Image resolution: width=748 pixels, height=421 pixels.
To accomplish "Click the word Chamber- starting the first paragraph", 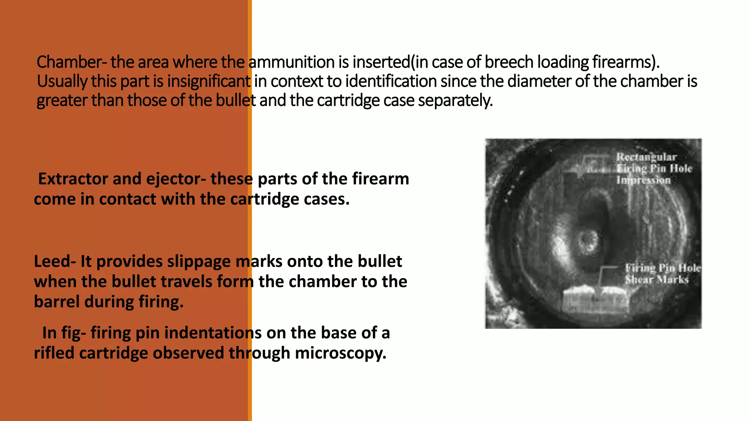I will coord(72,62).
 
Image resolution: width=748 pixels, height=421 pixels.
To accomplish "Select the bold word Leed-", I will coord(55,261).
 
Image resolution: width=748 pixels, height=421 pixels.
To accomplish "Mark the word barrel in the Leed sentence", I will coord(57,302).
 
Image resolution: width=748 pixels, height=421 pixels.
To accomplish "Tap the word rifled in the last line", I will coord(54,353).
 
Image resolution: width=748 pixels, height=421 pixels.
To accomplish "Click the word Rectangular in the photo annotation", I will coord(646,157).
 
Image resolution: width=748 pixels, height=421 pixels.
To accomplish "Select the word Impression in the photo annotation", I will coord(644,180).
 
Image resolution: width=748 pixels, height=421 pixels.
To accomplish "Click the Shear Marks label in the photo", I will coord(656,280).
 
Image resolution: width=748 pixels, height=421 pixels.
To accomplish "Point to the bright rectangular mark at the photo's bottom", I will coord(595,300).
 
